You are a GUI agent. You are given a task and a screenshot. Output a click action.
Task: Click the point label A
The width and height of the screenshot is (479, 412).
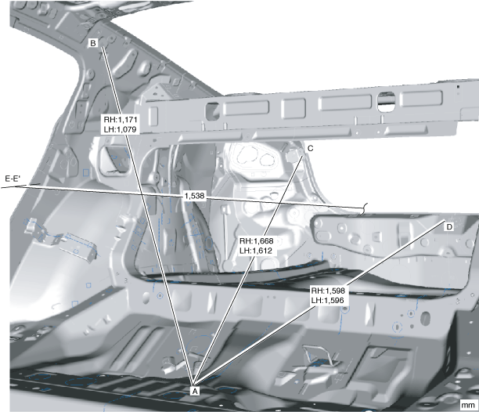coord(196,388)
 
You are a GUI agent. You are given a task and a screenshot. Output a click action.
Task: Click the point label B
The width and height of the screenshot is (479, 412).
coord(93,43)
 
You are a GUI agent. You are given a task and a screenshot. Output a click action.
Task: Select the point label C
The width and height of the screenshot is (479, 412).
coord(310,148)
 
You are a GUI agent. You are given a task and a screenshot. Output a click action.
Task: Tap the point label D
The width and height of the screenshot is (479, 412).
coord(448,226)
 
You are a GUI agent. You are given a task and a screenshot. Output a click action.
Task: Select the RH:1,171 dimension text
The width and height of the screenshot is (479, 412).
coord(121,119)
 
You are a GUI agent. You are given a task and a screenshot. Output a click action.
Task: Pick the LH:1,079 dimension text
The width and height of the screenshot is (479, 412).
coord(121,129)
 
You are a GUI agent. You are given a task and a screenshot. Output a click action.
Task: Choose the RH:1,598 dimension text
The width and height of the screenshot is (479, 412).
coord(328,289)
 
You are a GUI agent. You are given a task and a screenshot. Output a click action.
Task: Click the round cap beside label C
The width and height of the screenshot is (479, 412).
coord(294,154)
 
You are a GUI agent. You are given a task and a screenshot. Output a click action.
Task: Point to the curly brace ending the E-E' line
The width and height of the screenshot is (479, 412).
coord(363,208)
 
